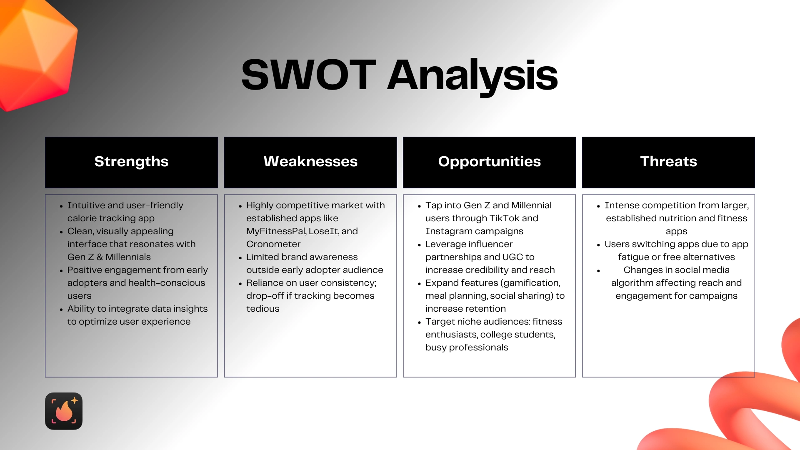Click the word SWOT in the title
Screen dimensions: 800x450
[309, 75]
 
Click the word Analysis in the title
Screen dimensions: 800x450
[472, 77]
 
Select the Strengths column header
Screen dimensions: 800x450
[131, 162]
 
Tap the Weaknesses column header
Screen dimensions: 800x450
[310, 162]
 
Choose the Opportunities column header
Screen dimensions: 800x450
[490, 162]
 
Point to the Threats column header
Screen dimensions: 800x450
[668, 162]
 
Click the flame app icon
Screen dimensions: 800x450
[64, 411]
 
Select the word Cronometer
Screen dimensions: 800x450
[273, 244]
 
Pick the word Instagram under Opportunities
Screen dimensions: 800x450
[451, 232]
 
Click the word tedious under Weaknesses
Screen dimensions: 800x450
[263, 309]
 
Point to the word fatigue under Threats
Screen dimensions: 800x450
[633, 257]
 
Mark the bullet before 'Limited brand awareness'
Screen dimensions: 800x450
[240, 258]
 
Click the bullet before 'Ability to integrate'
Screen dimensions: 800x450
[61, 310]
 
